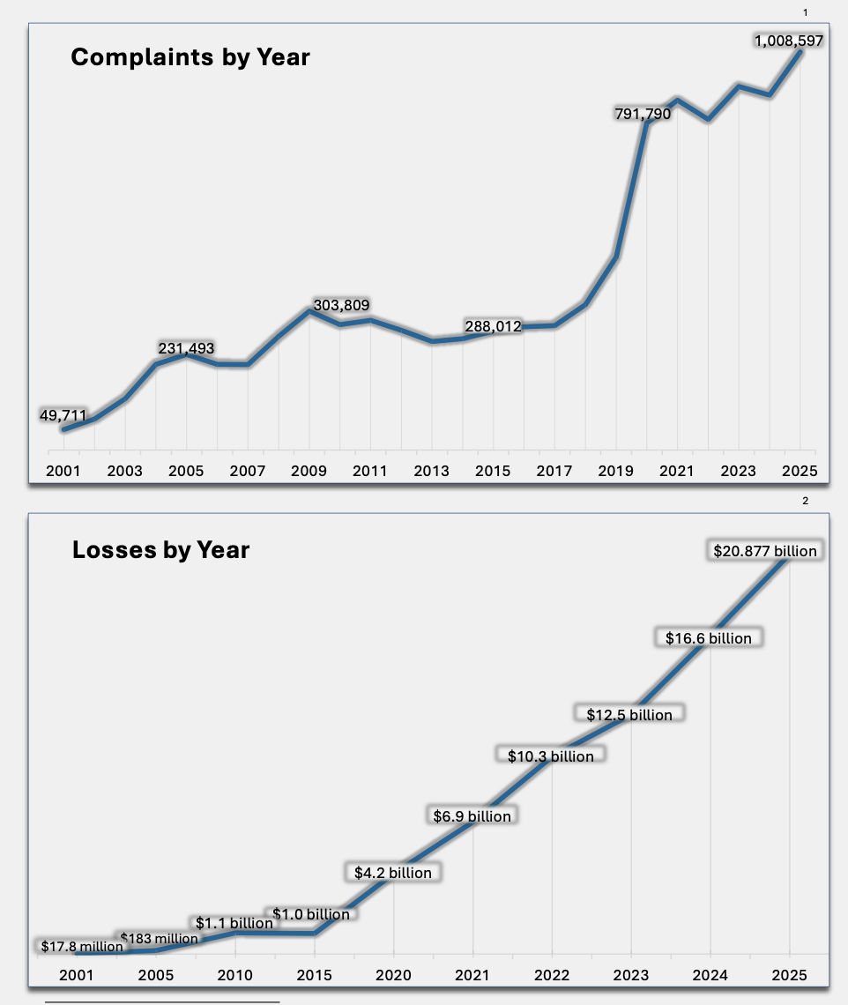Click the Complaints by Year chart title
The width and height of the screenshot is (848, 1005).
[190, 57]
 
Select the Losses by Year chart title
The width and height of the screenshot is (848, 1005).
[160, 550]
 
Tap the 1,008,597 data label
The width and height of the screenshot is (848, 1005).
[789, 41]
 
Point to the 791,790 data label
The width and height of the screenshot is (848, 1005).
[643, 114]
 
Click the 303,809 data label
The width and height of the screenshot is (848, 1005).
[341, 305]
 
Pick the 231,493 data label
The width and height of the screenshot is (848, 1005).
[186, 348]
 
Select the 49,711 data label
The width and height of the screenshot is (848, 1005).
[63, 415]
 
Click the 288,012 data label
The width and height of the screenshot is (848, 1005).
[493, 326]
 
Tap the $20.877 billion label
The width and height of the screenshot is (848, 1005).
[765, 551]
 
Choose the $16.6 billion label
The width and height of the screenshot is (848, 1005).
[709, 637]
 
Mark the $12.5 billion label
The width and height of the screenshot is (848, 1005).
[629, 715]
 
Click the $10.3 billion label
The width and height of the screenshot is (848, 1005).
[551, 756]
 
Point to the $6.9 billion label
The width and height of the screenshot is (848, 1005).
[472, 816]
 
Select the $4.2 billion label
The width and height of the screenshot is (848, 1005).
[393, 873]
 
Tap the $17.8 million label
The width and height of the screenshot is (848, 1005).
[82, 947]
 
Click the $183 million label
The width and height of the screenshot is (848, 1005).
[159, 938]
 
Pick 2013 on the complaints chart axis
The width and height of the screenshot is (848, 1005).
[432, 471]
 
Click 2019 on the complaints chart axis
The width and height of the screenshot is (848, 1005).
[616, 471]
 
